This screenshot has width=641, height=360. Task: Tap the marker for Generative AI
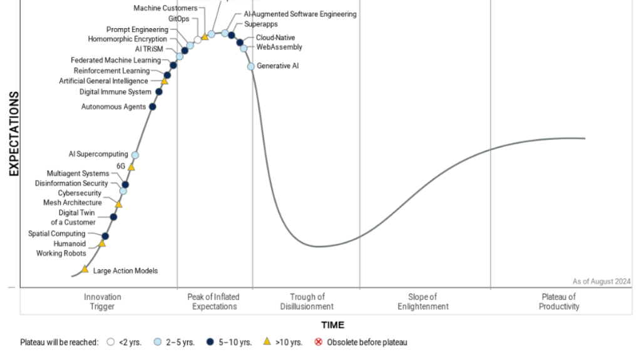(x=251, y=66)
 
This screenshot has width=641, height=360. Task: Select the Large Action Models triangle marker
(x=85, y=269)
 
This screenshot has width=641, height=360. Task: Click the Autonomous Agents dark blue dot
(x=153, y=106)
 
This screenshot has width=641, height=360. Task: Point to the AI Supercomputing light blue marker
(x=135, y=155)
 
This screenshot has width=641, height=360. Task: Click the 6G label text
(x=121, y=166)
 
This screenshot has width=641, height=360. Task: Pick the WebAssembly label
(x=279, y=47)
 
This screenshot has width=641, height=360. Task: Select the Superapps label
(x=261, y=24)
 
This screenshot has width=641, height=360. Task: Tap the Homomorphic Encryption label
(x=128, y=39)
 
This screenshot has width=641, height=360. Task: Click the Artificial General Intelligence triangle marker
(x=165, y=81)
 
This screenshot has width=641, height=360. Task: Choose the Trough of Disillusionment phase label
(x=307, y=301)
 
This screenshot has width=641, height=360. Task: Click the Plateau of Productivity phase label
(x=559, y=301)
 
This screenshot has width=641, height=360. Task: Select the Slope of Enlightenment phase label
(x=423, y=301)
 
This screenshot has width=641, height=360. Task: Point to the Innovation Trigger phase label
(x=103, y=301)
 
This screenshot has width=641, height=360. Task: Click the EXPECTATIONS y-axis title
(x=14, y=134)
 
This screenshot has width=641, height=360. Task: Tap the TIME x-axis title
(x=332, y=325)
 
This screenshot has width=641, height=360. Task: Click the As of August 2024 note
(x=602, y=281)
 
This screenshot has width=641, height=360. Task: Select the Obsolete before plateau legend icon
(x=318, y=342)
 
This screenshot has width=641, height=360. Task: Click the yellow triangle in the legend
(x=267, y=341)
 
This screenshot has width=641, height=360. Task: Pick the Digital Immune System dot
(x=159, y=92)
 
